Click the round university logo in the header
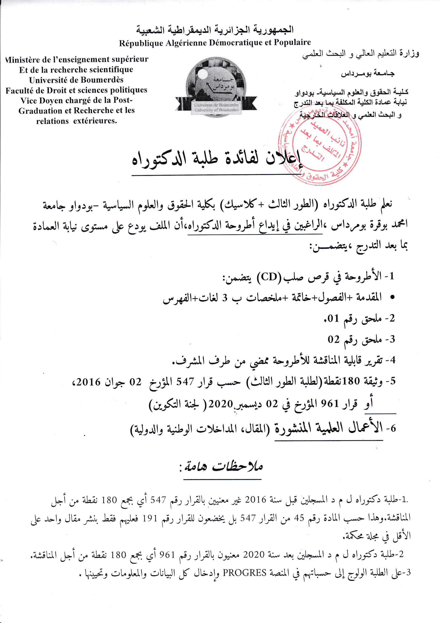click(x=216, y=87)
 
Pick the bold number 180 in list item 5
click(x=351, y=381)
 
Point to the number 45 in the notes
click(x=299, y=518)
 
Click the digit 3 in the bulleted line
click(x=225, y=298)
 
